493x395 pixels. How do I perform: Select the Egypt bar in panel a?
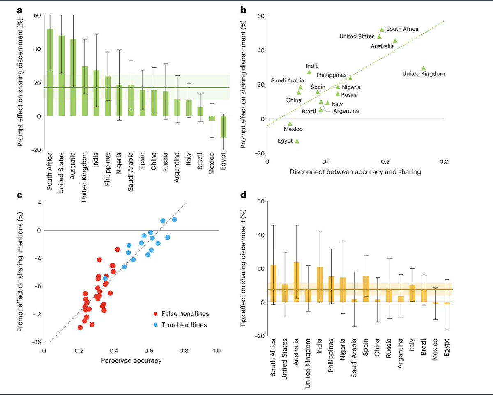(223, 127)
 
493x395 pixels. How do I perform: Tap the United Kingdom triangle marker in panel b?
(424, 68)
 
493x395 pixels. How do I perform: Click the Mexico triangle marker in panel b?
(290, 123)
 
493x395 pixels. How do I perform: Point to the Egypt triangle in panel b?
(297, 141)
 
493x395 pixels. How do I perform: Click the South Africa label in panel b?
(402, 29)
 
